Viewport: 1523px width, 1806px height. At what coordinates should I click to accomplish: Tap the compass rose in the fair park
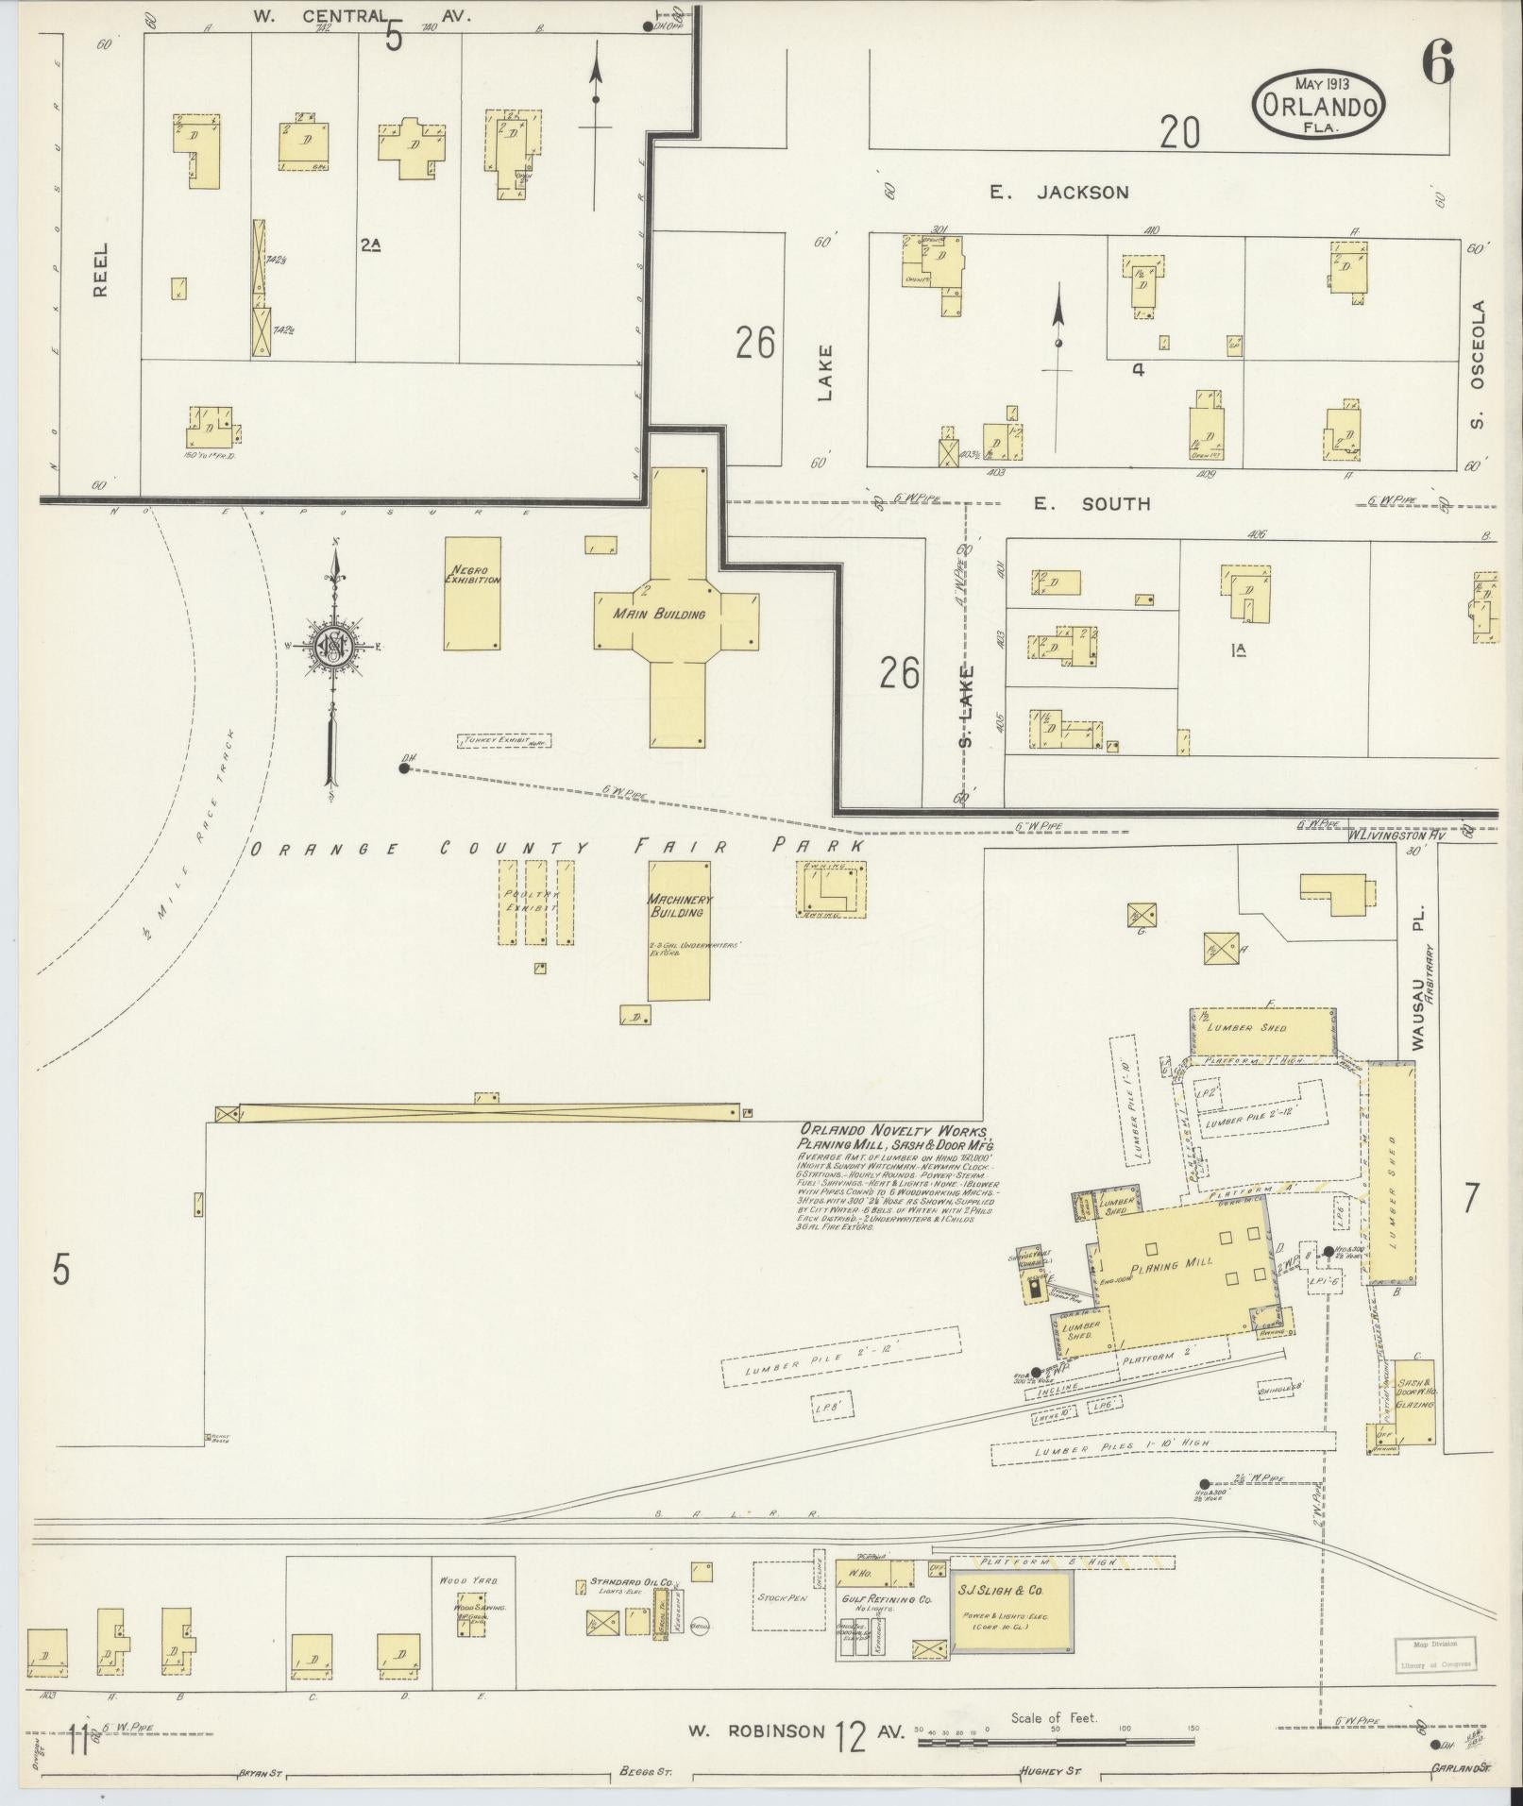point(333,646)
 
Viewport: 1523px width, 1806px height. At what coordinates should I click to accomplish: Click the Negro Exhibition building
point(472,594)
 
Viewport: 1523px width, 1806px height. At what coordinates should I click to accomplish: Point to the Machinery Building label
point(680,905)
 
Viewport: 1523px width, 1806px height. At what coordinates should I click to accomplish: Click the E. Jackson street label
point(1058,193)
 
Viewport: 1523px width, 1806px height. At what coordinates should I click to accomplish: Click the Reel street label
point(100,269)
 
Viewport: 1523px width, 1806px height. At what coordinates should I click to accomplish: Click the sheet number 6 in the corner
point(1437,64)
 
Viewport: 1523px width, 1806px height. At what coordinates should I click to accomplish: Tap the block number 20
point(1179,133)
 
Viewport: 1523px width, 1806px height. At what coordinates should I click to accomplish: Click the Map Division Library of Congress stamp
point(1434,1654)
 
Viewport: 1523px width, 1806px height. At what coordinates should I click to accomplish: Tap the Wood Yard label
point(462,1579)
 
